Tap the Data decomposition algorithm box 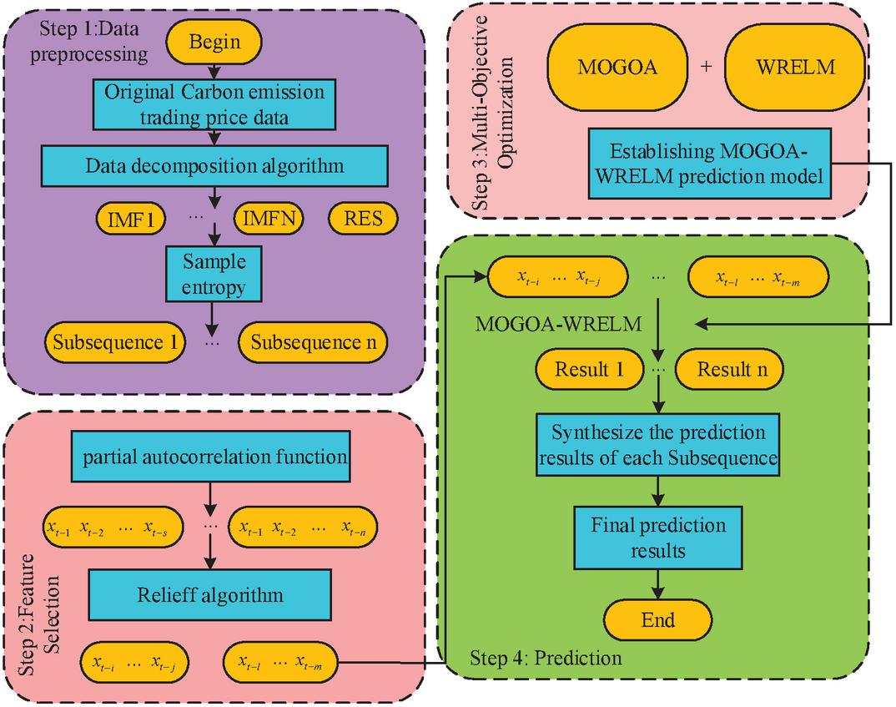click(214, 166)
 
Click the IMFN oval click(269, 220)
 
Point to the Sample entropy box click(215, 275)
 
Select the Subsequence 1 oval click(105, 342)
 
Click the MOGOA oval click(617, 68)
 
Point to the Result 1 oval click(590, 369)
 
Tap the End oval click(658, 619)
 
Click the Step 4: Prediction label click(546, 658)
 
